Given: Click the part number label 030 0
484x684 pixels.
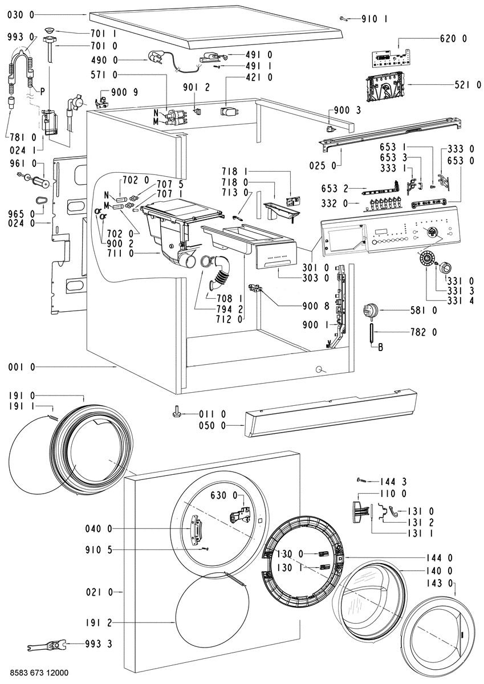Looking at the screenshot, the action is tap(21, 15).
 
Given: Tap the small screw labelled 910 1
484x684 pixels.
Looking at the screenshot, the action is tap(344, 19).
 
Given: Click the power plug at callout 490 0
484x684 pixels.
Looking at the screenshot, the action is tap(155, 58).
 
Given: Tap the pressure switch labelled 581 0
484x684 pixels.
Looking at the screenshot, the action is tap(371, 311).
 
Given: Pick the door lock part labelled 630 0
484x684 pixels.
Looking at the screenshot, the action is tap(239, 516).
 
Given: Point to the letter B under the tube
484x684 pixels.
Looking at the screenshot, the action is tap(380, 347).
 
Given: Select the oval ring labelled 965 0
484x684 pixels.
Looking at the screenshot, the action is tap(40, 200).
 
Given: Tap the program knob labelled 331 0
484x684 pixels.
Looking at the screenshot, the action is tap(445, 268).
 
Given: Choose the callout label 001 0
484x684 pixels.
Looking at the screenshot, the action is tap(21, 367).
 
